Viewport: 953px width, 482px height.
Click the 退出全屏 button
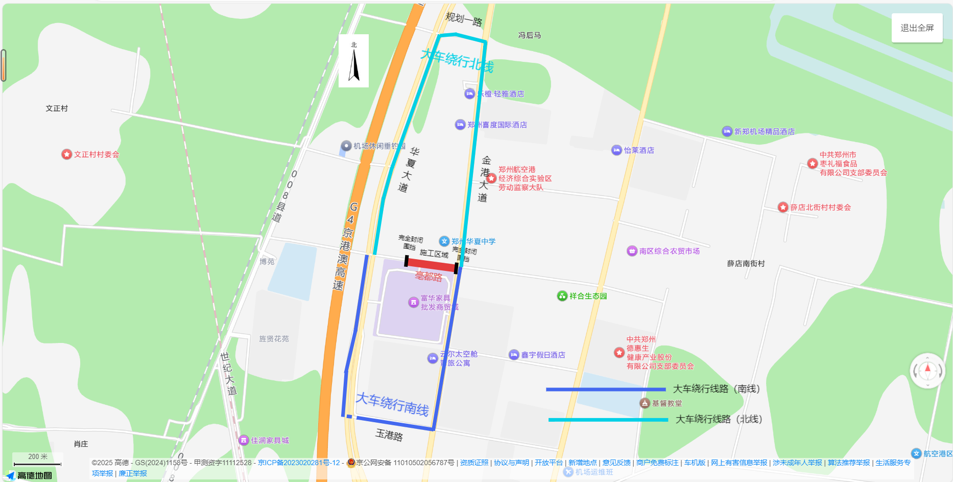click(x=917, y=28)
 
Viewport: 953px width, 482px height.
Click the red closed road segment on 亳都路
click(x=431, y=265)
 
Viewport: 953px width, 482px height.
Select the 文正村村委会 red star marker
click(x=66, y=154)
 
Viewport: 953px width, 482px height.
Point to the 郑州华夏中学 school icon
click(x=444, y=241)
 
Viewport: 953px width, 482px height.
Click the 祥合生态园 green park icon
click(x=562, y=296)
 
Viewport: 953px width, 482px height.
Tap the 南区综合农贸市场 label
click(x=669, y=251)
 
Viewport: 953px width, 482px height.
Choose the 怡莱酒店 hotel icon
click(x=616, y=150)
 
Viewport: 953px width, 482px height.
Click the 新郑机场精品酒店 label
click(x=764, y=131)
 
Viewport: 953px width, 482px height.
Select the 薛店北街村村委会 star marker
click(x=783, y=207)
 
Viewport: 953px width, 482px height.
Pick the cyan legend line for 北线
click(x=608, y=420)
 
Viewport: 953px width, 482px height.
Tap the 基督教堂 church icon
click(x=645, y=403)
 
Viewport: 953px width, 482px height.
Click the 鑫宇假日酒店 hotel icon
click(x=514, y=355)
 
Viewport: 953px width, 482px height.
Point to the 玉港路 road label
click(x=389, y=435)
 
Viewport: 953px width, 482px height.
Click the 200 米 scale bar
click(x=37, y=464)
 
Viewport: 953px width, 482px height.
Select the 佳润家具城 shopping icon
click(x=244, y=440)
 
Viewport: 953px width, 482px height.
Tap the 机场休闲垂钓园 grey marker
click(x=346, y=146)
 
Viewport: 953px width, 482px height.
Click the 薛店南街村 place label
click(x=746, y=263)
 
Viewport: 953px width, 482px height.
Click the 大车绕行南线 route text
click(x=392, y=404)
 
